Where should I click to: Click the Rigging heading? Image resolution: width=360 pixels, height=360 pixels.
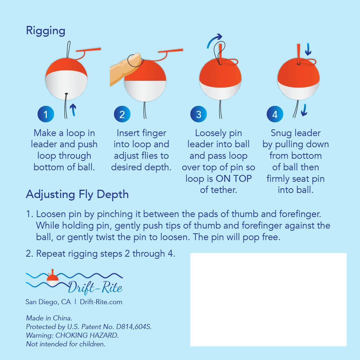pyautogui.click(x=45, y=31)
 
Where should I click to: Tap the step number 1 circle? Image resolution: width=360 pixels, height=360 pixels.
pyautogui.click(x=46, y=114)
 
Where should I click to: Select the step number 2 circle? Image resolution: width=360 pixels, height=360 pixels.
pyautogui.click(x=122, y=114)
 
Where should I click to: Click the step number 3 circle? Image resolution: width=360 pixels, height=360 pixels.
pyautogui.click(x=199, y=114)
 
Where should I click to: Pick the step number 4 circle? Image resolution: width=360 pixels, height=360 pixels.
pyautogui.click(x=275, y=114)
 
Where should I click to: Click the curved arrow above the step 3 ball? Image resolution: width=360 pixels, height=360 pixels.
pyautogui.click(x=214, y=40)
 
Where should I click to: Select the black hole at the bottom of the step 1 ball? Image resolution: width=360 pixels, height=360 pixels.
pyautogui.click(x=66, y=94)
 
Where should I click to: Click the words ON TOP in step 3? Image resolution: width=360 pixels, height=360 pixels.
pyautogui.click(x=234, y=179)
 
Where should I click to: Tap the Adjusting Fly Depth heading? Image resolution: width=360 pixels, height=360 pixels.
pyautogui.click(x=77, y=195)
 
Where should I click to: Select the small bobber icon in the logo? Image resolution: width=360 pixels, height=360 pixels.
pyautogui.click(x=53, y=278)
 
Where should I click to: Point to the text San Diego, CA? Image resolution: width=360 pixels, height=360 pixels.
pyautogui.click(x=48, y=302)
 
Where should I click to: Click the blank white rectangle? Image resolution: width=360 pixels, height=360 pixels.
pyautogui.click(x=268, y=300)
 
